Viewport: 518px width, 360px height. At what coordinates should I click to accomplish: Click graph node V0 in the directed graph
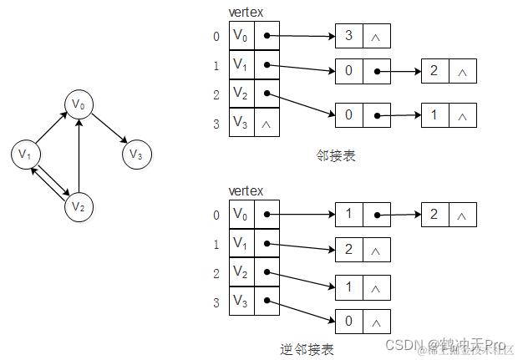(79, 104)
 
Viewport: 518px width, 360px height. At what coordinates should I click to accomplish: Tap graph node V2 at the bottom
(79, 205)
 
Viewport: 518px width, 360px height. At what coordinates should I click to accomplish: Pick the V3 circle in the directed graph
(136, 155)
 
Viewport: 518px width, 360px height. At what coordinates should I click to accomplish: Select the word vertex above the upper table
(246, 12)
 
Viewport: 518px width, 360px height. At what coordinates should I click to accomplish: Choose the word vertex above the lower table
(246, 191)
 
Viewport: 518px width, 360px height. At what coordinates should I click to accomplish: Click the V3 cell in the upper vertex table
(241, 122)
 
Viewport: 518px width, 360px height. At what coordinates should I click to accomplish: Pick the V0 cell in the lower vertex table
(241, 215)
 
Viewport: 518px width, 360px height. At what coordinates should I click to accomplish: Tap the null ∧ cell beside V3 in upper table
(266, 123)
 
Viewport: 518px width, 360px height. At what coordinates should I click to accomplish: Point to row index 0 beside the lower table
(216, 215)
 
